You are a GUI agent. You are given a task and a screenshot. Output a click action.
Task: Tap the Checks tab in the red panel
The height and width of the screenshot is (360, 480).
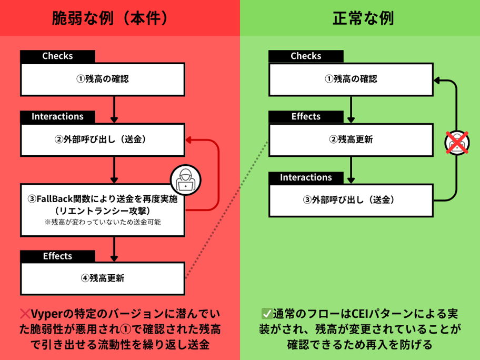tap(57, 56)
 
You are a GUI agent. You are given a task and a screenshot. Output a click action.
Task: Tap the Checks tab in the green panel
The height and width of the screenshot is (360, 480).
tap(306, 56)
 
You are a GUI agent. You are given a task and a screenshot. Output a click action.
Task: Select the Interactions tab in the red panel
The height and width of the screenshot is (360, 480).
tap(57, 117)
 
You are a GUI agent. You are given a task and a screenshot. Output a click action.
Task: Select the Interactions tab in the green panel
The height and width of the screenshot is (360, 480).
tap(306, 178)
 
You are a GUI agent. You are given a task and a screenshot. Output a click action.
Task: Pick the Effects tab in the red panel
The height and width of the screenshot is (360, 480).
tap(57, 256)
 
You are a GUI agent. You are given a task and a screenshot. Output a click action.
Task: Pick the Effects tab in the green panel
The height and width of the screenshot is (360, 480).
tap(306, 117)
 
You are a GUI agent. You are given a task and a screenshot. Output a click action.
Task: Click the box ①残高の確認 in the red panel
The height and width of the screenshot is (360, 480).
tap(103, 79)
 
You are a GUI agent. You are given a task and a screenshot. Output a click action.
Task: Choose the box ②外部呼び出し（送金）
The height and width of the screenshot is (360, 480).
tap(103, 141)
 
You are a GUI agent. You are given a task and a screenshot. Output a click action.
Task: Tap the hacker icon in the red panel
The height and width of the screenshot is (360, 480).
tap(186, 181)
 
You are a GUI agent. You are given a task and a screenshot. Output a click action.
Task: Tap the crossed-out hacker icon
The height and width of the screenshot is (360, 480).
tap(455, 142)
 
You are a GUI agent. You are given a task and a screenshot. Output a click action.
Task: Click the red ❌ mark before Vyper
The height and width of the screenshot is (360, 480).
tap(25, 314)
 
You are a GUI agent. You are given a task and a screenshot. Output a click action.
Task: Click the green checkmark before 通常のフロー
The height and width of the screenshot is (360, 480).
tap(266, 314)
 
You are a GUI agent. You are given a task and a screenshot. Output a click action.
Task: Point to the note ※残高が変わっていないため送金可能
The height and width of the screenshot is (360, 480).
tap(103, 223)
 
